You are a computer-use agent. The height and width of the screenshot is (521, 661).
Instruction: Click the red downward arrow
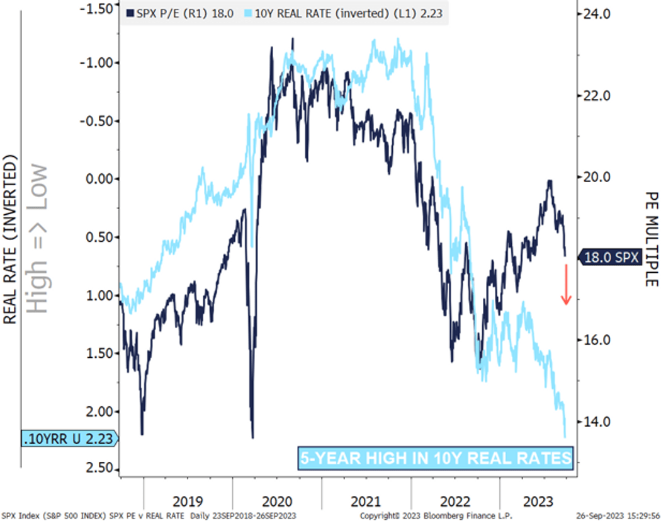(x=566, y=284)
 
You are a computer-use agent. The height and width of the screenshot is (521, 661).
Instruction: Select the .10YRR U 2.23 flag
(x=69, y=438)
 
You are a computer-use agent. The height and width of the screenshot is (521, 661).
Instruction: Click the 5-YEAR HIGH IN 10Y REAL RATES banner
(x=436, y=458)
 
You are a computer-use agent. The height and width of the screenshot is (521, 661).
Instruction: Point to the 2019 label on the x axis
(x=188, y=501)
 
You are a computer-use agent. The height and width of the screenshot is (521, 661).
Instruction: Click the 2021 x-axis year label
(x=366, y=501)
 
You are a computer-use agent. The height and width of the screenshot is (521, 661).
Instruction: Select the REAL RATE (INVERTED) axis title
(x=10, y=239)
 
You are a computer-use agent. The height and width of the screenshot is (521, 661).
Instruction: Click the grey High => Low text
(x=39, y=239)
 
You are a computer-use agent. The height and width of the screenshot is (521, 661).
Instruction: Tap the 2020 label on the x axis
(x=277, y=501)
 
